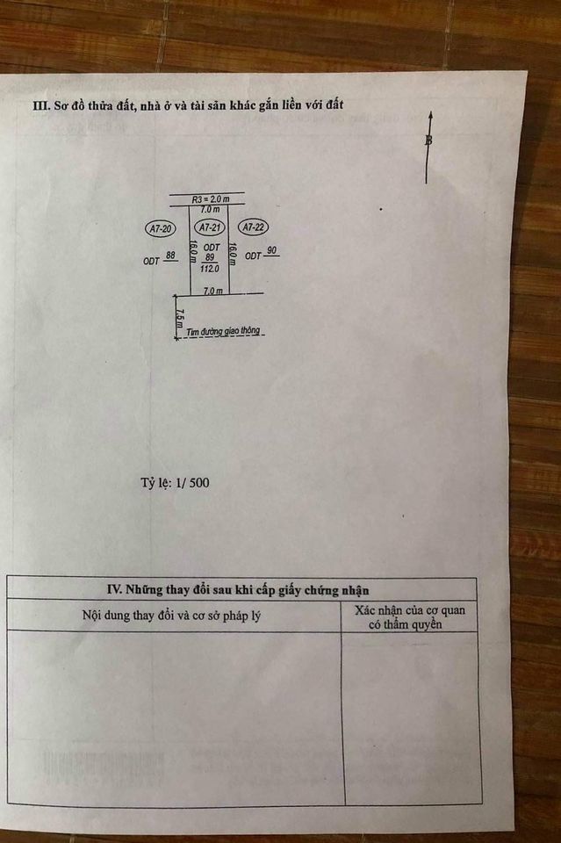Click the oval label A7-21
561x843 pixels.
[x=210, y=227]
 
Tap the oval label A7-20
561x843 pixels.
[x=160, y=229]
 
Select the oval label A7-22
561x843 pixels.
[x=253, y=227]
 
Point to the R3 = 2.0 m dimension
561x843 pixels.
[x=211, y=199]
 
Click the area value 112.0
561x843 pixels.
[x=210, y=269]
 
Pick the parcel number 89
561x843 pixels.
[x=210, y=257]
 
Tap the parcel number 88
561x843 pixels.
[x=171, y=256]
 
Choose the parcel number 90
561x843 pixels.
[x=272, y=250]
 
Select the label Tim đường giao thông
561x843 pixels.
[x=223, y=332]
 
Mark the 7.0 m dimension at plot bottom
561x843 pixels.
[x=212, y=291]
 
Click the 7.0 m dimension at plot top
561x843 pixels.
[x=210, y=209]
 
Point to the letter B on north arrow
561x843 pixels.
[x=428, y=140]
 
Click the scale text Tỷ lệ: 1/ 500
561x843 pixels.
[x=176, y=483]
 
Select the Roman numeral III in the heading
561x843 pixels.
[x=41, y=104]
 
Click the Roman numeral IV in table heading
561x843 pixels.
[x=115, y=590]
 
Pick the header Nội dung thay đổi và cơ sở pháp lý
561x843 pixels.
[x=171, y=615]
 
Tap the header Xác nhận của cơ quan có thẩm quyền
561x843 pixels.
[x=409, y=617]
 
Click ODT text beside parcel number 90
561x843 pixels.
[x=253, y=256]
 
